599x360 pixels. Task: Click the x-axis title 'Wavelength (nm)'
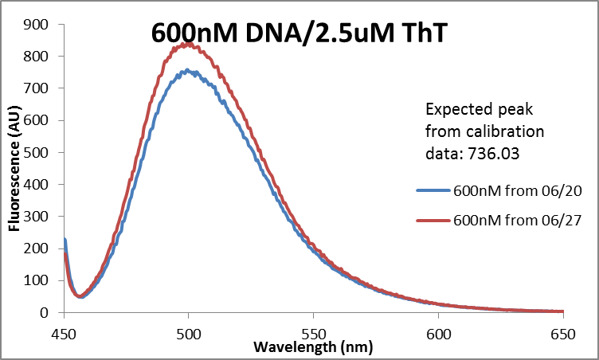click(313, 347)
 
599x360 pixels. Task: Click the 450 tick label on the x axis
click(63, 328)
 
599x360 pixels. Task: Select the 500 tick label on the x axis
click(188, 328)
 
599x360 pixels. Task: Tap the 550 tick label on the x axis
click(314, 328)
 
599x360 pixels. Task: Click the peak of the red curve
click(188, 43)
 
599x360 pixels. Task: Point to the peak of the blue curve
click(188, 70)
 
